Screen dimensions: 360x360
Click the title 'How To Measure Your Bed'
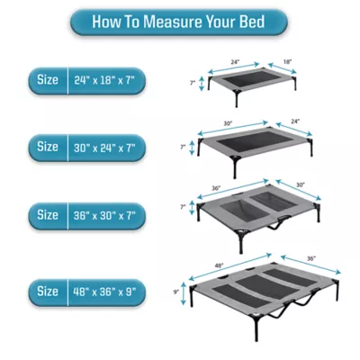[x=180, y=21]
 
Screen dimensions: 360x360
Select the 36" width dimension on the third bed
[x=216, y=190]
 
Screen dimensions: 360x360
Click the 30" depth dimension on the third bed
[x=300, y=185]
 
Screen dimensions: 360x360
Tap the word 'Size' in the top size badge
[x=47, y=79]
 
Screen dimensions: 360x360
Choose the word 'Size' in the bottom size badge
[x=47, y=292]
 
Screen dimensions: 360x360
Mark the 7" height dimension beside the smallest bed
[x=192, y=82]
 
